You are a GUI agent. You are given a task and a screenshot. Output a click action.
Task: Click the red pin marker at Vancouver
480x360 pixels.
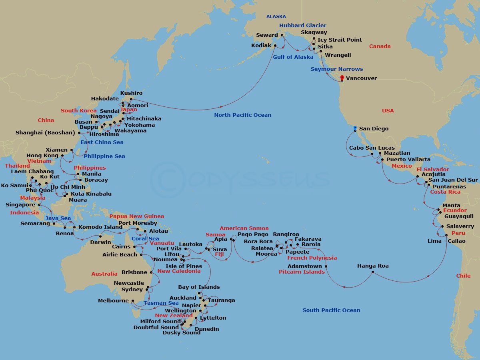(342, 77)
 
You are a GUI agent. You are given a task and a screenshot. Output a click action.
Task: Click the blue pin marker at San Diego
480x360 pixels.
(355, 128)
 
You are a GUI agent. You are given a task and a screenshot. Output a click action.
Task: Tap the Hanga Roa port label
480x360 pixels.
(373, 266)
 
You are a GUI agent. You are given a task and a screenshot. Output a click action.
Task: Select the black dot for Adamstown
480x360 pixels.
(326, 266)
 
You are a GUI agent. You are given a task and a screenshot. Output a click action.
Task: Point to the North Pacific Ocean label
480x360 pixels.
(242, 115)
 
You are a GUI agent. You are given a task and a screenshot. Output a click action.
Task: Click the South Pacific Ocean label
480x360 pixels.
(331, 310)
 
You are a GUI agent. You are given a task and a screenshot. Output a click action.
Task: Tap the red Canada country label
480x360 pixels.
(380, 46)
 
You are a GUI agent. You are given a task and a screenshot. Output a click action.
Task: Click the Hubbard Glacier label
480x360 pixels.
(303, 26)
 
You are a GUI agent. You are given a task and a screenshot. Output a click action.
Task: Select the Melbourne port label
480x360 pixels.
(113, 301)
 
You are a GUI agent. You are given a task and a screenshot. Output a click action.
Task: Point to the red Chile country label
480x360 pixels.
(463, 276)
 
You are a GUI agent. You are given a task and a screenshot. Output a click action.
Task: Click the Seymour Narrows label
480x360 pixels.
(337, 69)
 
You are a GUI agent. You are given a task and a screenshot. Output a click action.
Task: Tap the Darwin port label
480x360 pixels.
(100, 242)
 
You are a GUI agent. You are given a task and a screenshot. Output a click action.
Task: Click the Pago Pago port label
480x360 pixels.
(253, 234)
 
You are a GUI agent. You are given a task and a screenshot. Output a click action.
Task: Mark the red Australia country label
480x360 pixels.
(104, 274)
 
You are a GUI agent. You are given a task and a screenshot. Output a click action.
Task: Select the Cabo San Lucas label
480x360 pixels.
(372, 148)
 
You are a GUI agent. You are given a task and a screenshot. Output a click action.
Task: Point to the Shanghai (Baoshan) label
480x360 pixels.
(45, 133)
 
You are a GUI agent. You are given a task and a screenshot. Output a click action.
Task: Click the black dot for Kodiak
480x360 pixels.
(275, 46)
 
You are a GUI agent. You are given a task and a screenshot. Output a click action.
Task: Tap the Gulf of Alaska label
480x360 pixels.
(293, 57)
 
